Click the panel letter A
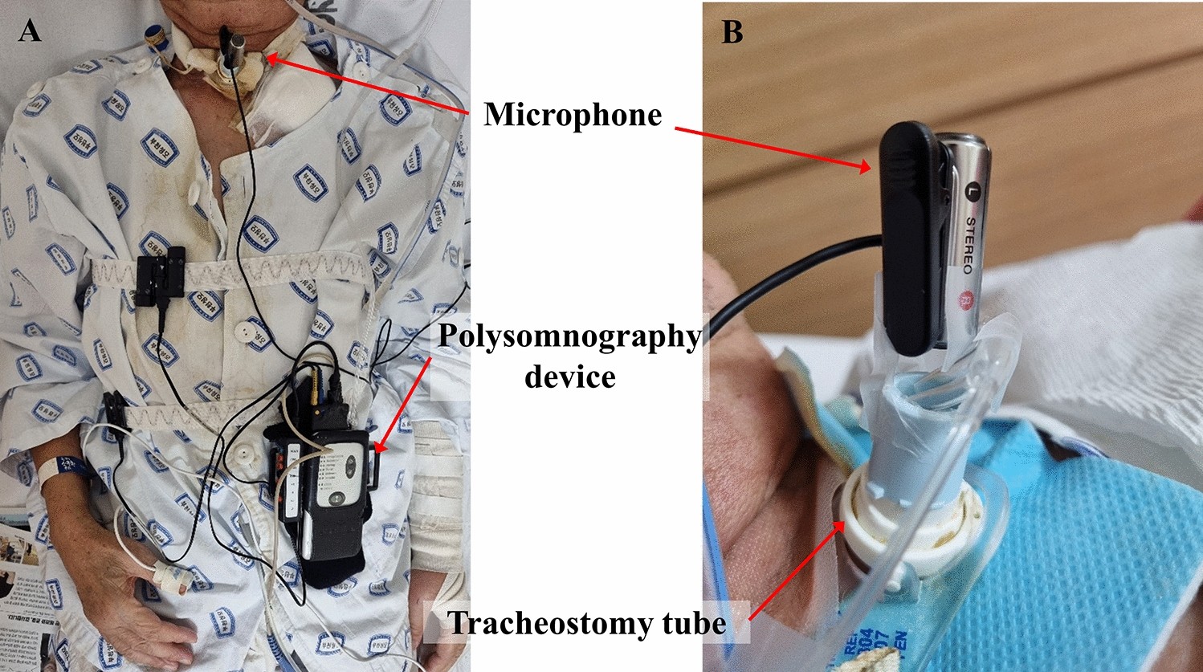tap(30, 31)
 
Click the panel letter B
tap(732, 32)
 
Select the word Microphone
tap(573, 115)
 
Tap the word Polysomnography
tap(569, 336)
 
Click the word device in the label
tap(569, 376)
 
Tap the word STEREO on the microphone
tap(970, 244)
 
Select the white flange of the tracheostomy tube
tap(875, 514)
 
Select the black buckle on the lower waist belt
tap(114, 411)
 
